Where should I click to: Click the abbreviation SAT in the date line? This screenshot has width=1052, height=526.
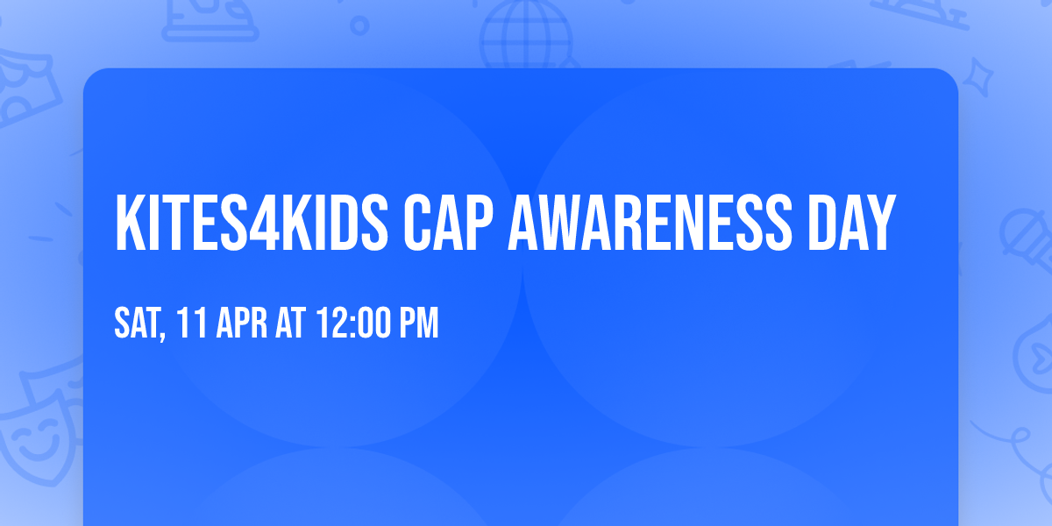pyautogui.click(x=137, y=323)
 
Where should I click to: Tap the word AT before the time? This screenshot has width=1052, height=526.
pyautogui.click(x=290, y=323)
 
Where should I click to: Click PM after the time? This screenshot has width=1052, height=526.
pyautogui.click(x=417, y=323)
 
